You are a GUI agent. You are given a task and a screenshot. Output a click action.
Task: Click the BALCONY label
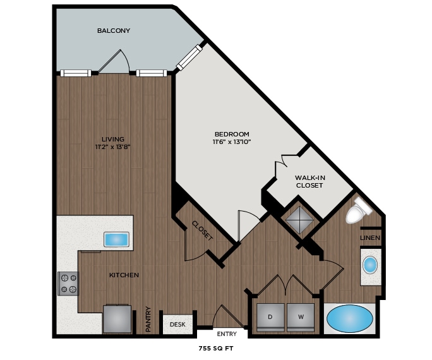(114, 30)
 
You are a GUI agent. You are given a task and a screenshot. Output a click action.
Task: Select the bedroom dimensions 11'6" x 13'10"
(232, 141)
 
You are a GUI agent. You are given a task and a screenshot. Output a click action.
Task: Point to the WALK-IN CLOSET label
(309, 181)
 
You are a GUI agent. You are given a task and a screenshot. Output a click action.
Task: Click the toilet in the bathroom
(359, 210)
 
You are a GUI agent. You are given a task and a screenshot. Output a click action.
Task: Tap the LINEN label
(369, 237)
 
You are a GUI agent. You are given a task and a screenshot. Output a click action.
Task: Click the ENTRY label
(227, 333)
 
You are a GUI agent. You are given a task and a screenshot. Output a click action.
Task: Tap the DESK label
(177, 325)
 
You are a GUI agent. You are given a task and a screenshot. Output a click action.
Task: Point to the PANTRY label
(148, 319)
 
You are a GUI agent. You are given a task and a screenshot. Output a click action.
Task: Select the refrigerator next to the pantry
(118, 319)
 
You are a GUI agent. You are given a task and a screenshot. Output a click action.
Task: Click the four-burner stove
(68, 283)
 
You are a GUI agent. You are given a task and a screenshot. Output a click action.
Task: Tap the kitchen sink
(117, 239)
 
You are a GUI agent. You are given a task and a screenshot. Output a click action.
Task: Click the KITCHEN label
(124, 275)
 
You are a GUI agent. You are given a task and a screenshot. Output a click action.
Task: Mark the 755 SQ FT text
(216, 348)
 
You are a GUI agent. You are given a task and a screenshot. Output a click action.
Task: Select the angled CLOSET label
(202, 231)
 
